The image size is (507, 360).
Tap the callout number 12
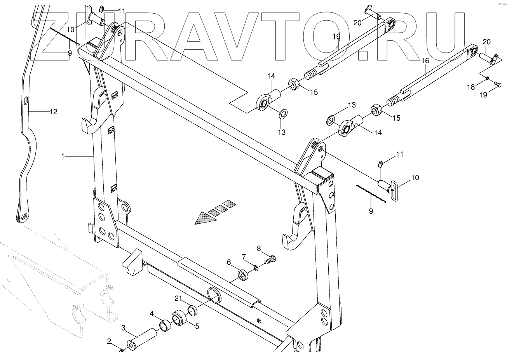click(x=53, y=112)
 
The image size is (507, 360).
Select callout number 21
click(x=178, y=298)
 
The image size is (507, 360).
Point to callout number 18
click(x=470, y=87)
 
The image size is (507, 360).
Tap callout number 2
click(x=109, y=341)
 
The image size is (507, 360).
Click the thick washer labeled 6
click(x=244, y=276)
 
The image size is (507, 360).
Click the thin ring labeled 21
click(x=192, y=310)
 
